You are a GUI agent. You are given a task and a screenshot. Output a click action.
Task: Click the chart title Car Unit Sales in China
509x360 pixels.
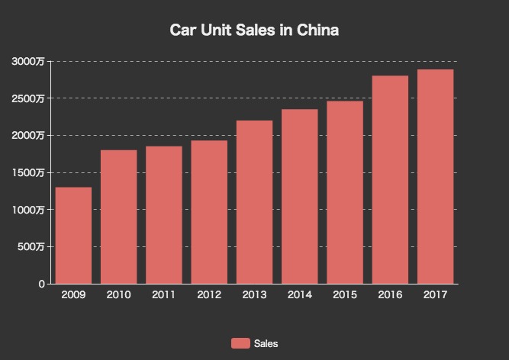(x=254, y=31)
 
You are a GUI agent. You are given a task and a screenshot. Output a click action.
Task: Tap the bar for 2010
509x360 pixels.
(x=118, y=217)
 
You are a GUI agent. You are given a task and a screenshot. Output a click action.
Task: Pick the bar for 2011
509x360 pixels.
(x=164, y=214)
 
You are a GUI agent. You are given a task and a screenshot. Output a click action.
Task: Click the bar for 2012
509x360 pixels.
(x=209, y=212)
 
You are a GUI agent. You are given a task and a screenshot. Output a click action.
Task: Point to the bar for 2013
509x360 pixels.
(x=254, y=202)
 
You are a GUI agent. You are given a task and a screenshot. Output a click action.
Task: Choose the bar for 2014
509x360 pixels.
(x=299, y=196)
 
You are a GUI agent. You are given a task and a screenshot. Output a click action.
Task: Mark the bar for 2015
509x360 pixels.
(x=345, y=192)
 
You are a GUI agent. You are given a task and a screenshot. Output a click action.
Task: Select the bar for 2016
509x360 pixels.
(x=390, y=179)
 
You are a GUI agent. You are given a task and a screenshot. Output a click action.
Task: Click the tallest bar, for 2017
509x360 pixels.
(x=435, y=176)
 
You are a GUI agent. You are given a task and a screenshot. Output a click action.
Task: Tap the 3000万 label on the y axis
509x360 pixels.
(x=28, y=61)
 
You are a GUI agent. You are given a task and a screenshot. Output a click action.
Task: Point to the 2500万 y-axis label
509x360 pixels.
(x=28, y=98)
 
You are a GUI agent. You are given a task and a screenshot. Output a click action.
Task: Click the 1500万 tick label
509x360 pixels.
(x=28, y=172)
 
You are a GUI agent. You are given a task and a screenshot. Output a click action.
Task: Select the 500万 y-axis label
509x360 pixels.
(x=31, y=246)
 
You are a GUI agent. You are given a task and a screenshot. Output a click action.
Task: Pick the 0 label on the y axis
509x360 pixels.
(x=41, y=284)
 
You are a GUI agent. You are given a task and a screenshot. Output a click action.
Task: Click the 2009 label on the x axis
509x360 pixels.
(x=73, y=295)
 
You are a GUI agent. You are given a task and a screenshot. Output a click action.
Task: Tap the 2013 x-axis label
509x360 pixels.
(x=254, y=295)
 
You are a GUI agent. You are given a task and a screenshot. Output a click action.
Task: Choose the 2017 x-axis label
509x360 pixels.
(x=435, y=295)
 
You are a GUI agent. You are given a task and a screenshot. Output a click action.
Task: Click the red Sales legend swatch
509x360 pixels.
(x=240, y=343)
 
